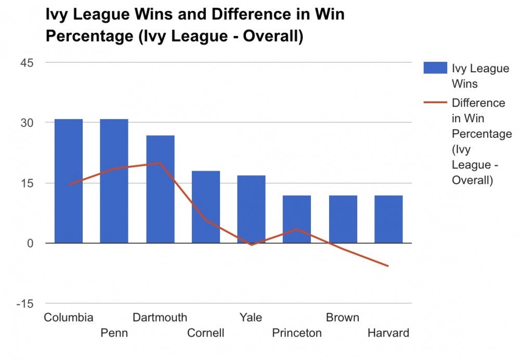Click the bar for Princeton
tap(297, 219)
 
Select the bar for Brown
tap(343, 219)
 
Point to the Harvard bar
tap(388, 219)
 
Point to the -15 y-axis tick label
tap(24, 304)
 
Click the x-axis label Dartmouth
tap(160, 317)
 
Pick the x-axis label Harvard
tap(388, 333)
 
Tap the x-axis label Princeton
tap(297, 333)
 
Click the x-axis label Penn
tap(114, 333)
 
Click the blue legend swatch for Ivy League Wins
tap(435, 68)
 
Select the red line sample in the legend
tap(435, 103)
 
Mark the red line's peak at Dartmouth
tap(160, 163)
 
